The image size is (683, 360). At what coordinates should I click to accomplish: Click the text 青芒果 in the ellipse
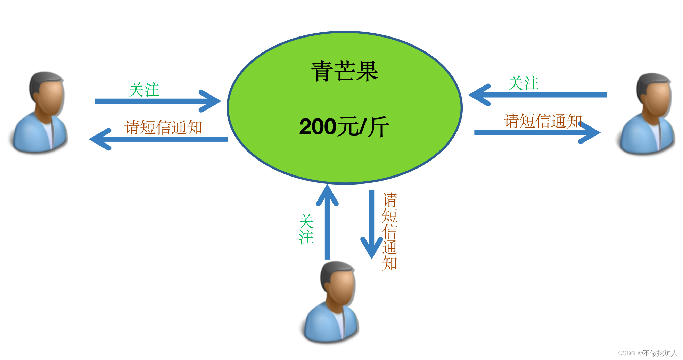click(344, 71)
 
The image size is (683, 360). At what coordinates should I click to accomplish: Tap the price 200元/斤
click(344, 126)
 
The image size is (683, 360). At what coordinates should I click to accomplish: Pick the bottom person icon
click(331, 302)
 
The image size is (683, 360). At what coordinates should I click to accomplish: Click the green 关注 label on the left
click(144, 90)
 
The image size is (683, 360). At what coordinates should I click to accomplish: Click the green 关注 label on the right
click(524, 83)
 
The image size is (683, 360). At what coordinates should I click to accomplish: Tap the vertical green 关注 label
click(306, 229)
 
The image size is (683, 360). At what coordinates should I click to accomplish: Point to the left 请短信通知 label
click(163, 127)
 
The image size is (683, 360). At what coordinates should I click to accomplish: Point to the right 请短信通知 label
click(542, 121)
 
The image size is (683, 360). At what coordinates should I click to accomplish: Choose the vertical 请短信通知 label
click(389, 231)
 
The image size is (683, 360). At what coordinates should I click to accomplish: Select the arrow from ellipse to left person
click(158, 139)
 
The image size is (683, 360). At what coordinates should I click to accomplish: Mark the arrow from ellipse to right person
click(537, 132)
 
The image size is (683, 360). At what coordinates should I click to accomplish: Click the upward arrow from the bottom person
click(327, 222)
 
